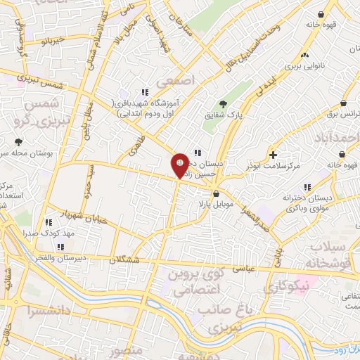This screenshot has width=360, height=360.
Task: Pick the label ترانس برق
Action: coord(345,112)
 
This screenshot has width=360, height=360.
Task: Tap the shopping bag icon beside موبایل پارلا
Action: coord(216,194)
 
